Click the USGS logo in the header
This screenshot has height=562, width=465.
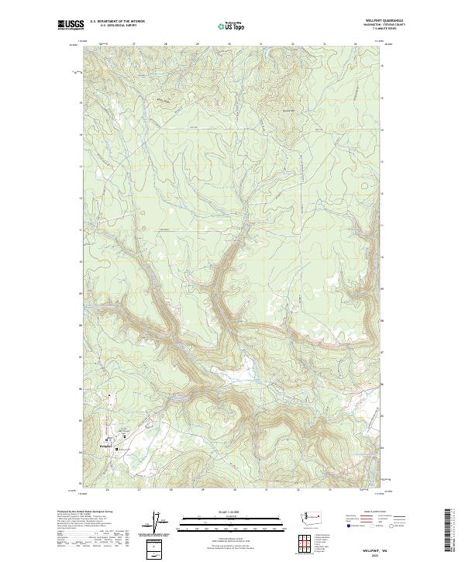(71, 25)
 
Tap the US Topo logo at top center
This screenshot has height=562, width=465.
(232, 26)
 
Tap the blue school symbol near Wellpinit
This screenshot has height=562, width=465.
(116, 449)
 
